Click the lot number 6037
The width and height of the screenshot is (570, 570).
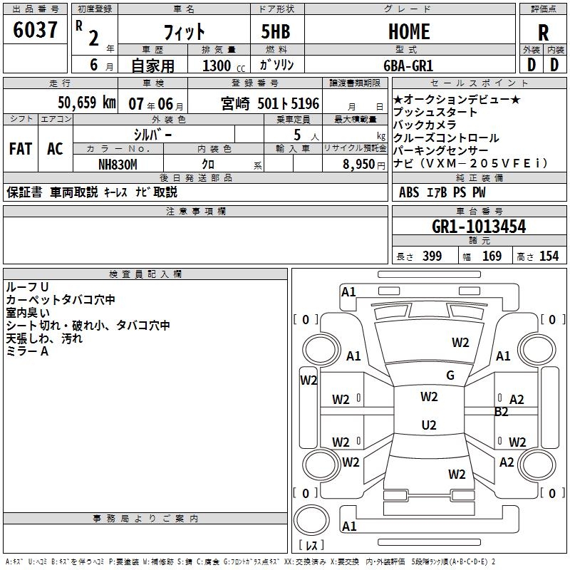(x=35, y=30)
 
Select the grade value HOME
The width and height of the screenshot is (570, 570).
(x=409, y=31)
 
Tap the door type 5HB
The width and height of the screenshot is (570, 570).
(x=276, y=31)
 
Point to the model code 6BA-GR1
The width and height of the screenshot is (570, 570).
(x=408, y=66)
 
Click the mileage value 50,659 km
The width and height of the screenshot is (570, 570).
(x=87, y=103)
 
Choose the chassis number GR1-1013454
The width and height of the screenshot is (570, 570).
(x=479, y=227)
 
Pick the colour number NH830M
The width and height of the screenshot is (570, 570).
(x=118, y=165)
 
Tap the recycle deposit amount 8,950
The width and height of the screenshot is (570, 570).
(x=358, y=165)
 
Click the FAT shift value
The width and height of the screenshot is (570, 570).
(x=21, y=149)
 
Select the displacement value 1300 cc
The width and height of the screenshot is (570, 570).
(x=224, y=66)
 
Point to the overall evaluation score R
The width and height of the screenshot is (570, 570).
(x=543, y=33)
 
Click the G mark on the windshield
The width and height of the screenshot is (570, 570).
(x=450, y=375)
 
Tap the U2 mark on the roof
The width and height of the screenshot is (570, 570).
(x=429, y=425)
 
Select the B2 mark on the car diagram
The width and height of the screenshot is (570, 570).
(x=501, y=412)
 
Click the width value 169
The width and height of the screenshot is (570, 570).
(x=492, y=256)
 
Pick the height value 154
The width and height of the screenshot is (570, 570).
(x=549, y=256)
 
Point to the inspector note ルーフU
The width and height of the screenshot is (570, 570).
(x=27, y=287)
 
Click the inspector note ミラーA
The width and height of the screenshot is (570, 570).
(x=27, y=351)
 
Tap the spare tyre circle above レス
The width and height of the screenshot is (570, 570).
(x=311, y=521)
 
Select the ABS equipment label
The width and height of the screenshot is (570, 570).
(x=409, y=192)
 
